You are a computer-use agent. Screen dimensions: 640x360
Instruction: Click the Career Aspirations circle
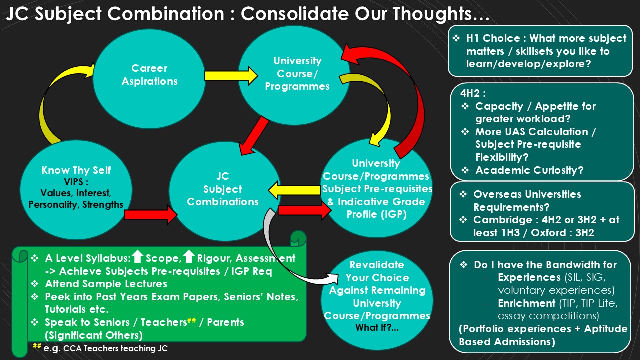click(149, 78)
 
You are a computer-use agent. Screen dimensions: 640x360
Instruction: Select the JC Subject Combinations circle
click(225, 191)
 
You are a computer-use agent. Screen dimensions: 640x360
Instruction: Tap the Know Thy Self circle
click(76, 189)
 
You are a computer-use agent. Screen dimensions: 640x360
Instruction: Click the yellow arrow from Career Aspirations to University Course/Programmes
click(231, 76)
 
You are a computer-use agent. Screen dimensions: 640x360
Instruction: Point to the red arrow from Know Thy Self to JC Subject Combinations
click(151, 215)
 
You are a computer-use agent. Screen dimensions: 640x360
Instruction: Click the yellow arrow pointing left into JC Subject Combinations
click(295, 190)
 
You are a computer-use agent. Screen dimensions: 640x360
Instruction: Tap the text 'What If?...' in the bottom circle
click(377, 327)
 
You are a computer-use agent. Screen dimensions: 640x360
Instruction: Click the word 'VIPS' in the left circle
click(73, 182)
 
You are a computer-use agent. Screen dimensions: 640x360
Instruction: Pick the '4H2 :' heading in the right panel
click(473, 93)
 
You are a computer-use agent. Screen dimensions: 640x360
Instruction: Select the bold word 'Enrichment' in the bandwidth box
click(527, 303)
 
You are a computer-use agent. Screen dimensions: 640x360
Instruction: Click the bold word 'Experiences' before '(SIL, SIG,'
click(529, 277)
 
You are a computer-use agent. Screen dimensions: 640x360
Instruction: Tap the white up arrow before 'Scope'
click(137, 256)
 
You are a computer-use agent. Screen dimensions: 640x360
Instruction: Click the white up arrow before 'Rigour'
click(189, 256)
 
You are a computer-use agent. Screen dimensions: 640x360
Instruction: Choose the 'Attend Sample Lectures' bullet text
click(106, 284)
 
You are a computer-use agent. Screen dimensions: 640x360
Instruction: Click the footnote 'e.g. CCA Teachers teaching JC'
click(105, 348)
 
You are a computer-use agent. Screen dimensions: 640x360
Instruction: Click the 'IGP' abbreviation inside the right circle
click(394, 214)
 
